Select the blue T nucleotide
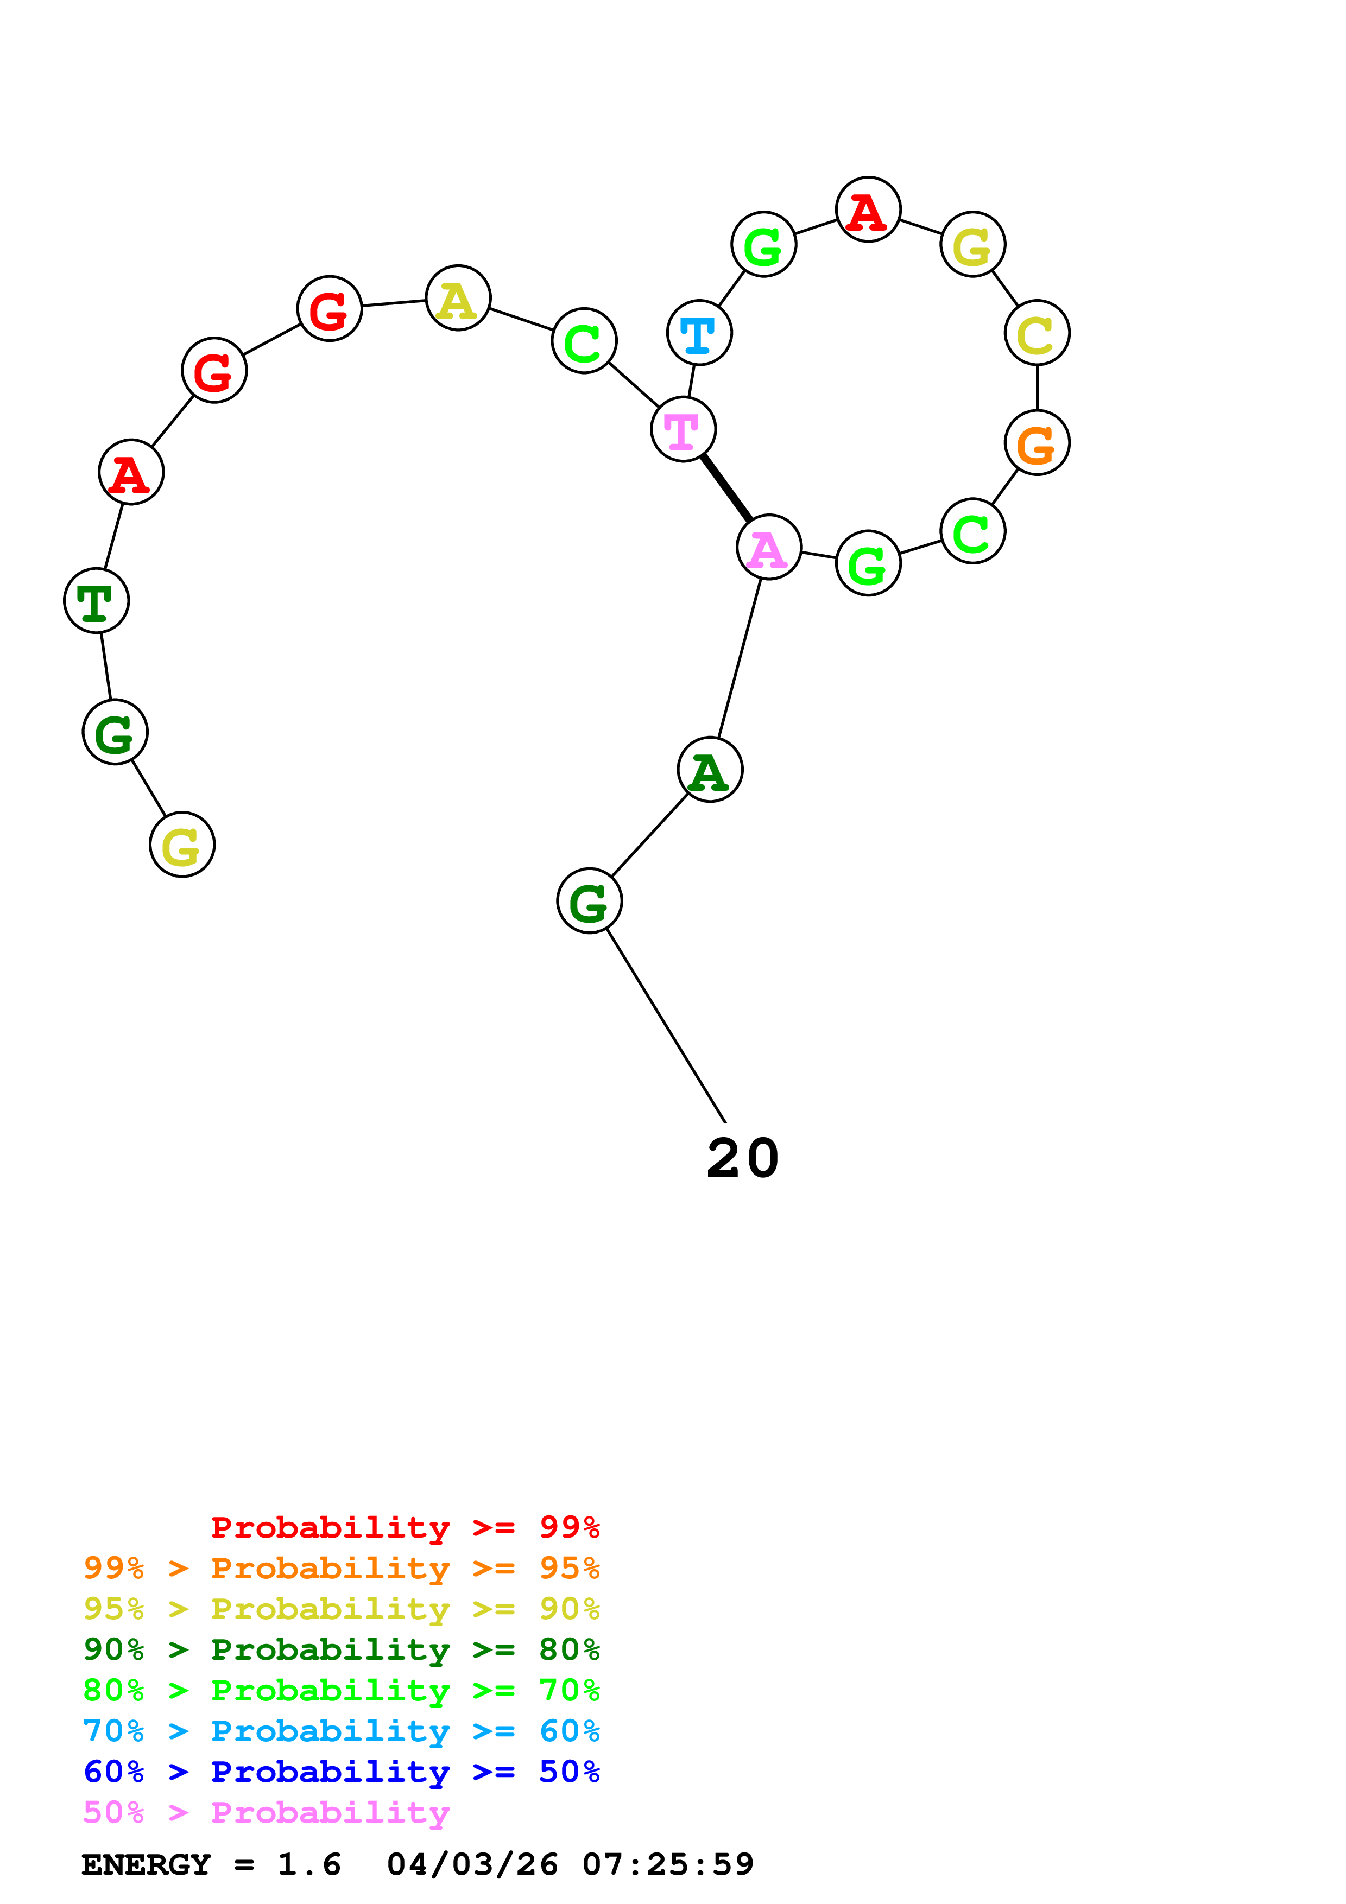pyautogui.click(x=699, y=333)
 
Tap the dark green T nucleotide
pyautogui.click(x=96, y=600)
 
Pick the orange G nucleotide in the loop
pyautogui.click(x=1037, y=443)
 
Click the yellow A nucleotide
pyautogui.click(x=458, y=298)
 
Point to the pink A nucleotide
pyautogui.click(x=769, y=547)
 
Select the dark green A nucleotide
pyautogui.click(x=710, y=770)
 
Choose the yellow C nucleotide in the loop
pyautogui.click(x=1037, y=333)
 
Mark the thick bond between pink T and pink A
pyautogui.click(x=726, y=488)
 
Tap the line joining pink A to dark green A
pyautogui.click(x=740, y=658)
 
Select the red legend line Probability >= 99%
pyautogui.click(x=406, y=1527)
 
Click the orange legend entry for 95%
pyautogui.click(x=342, y=1568)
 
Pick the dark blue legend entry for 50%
pyautogui.click(x=342, y=1772)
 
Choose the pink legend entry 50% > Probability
pyautogui.click(x=266, y=1813)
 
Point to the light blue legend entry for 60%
pyautogui.click(x=342, y=1731)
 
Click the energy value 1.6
pyautogui.click(x=309, y=1864)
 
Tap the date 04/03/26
pyautogui.click(x=473, y=1864)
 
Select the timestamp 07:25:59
pyautogui.click(x=668, y=1864)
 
